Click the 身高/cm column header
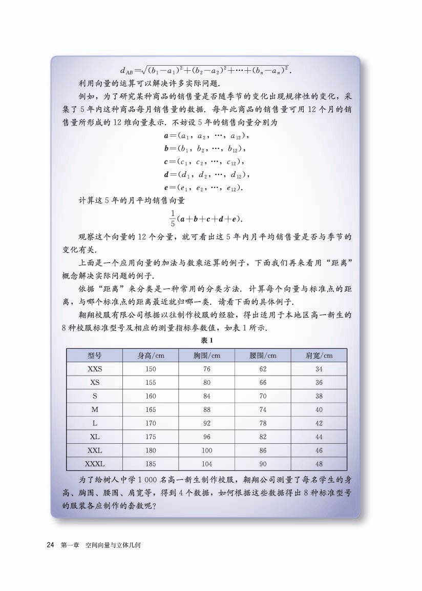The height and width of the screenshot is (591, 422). tap(151, 355)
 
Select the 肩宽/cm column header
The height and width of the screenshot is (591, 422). tap(319, 355)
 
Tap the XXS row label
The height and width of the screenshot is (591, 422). tap(94, 369)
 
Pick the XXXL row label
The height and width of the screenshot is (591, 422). tap(94, 464)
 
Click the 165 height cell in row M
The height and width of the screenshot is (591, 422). tap(151, 409)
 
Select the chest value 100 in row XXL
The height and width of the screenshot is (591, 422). tap(207, 450)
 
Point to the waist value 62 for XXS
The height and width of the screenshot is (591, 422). tap(263, 369)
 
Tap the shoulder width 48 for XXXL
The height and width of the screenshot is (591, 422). tap(319, 464)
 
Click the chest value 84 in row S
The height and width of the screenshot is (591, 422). tap(207, 396)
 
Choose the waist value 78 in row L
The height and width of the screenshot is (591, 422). tap(263, 423)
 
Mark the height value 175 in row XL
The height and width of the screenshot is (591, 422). tap(151, 437)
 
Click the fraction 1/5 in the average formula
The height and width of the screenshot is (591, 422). tap(173, 218)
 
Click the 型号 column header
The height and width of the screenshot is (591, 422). tap(94, 355)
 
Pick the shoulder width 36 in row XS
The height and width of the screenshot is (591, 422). tap(319, 382)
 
